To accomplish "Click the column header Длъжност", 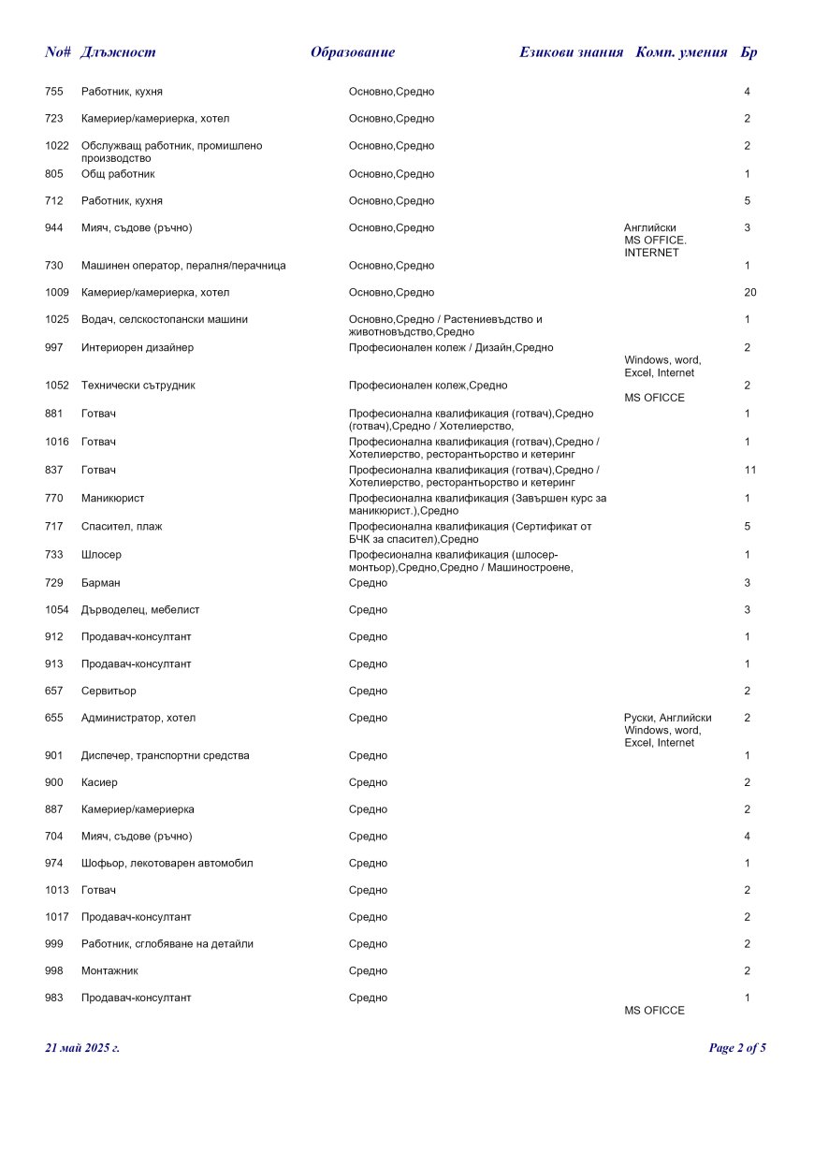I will pyautogui.click(x=118, y=52).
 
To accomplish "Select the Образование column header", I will pyautogui.click(x=353, y=52).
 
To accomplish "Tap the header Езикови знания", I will pyautogui.click(x=571, y=52).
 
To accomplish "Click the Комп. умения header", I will pyautogui.click(x=681, y=52).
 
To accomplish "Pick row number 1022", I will pyautogui.click(x=57, y=146).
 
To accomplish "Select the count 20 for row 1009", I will pyautogui.click(x=749, y=293).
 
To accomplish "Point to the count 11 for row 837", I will pyautogui.click(x=749, y=470).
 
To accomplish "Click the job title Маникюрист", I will pyautogui.click(x=112, y=499).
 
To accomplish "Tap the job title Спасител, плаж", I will pyautogui.click(x=122, y=527).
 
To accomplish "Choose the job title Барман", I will pyautogui.click(x=100, y=583).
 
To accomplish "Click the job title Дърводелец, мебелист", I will pyautogui.click(x=140, y=610).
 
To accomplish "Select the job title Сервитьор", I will pyautogui.click(x=109, y=692).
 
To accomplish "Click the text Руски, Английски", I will pyautogui.click(x=667, y=718).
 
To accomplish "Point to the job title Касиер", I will pyautogui.click(x=99, y=782).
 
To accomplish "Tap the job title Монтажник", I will pyautogui.click(x=109, y=971).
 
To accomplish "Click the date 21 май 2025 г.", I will pyautogui.click(x=82, y=1048).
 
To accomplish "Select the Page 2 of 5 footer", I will pyautogui.click(x=737, y=1048).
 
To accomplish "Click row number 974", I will pyautogui.click(x=54, y=864).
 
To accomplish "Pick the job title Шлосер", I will pyautogui.click(x=101, y=555).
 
